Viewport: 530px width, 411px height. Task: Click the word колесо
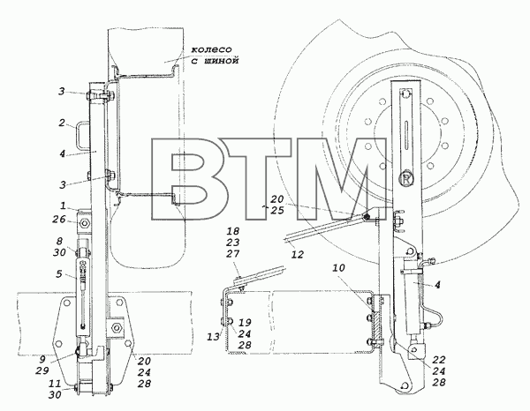(212, 49)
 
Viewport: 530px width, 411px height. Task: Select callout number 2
(61, 123)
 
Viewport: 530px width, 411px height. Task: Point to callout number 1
(64, 205)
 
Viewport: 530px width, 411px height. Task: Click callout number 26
(59, 220)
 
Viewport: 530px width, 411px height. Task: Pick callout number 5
(59, 273)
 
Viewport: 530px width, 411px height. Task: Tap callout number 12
(298, 254)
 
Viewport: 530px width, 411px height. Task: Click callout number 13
(213, 336)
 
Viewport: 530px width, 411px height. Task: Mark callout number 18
(233, 231)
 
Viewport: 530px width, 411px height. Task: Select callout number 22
(439, 359)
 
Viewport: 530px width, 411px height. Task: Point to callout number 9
(42, 359)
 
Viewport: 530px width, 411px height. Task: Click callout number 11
(55, 384)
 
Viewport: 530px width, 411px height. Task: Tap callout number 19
(245, 323)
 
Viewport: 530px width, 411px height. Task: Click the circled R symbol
(406, 179)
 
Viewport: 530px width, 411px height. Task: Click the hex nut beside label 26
(84, 223)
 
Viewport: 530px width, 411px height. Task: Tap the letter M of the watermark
(341, 179)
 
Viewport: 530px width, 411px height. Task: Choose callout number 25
(276, 210)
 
